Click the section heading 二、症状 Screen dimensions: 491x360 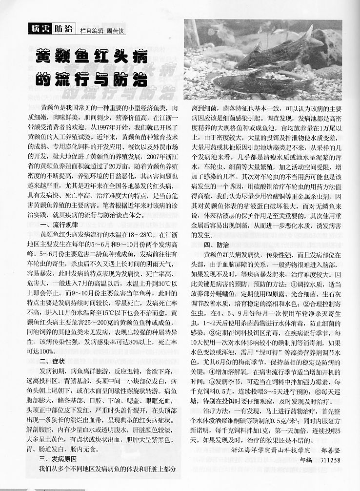[53, 361]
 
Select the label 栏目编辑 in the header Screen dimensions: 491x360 [90, 30]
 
